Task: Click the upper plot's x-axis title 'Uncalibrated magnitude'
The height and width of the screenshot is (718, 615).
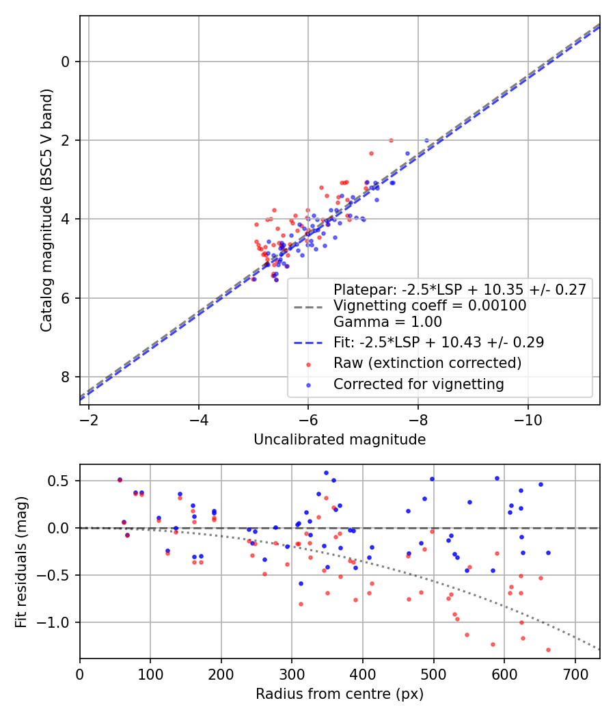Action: point(340,439)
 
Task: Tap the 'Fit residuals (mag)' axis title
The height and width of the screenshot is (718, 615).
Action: point(21,561)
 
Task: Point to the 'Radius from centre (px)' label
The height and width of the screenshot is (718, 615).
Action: point(340,694)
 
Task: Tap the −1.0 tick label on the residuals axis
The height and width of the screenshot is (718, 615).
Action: point(57,622)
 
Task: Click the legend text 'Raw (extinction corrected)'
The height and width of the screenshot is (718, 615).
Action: point(427,362)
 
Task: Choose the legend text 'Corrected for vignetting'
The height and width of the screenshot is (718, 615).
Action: point(418,384)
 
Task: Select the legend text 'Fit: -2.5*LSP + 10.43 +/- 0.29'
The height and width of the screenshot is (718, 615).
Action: point(438,342)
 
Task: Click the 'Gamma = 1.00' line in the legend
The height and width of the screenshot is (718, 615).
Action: point(387,321)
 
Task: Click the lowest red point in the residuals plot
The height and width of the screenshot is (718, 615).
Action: point(548,650)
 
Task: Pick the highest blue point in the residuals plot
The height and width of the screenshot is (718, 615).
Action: point(326,473)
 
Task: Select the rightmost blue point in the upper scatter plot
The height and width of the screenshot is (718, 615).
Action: point(426,140)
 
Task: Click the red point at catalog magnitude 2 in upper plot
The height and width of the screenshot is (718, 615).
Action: point(391,140)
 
